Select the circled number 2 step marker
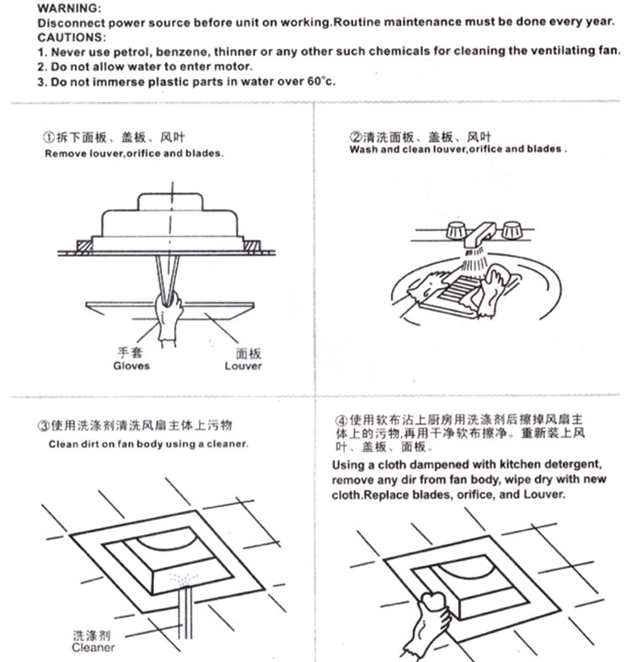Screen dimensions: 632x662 pos(356,137)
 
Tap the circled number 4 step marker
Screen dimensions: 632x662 pos(340,419)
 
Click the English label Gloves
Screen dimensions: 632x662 pos(131,366)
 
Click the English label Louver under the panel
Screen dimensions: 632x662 pos(243,366)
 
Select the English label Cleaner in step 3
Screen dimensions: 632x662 pos(93,648)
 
